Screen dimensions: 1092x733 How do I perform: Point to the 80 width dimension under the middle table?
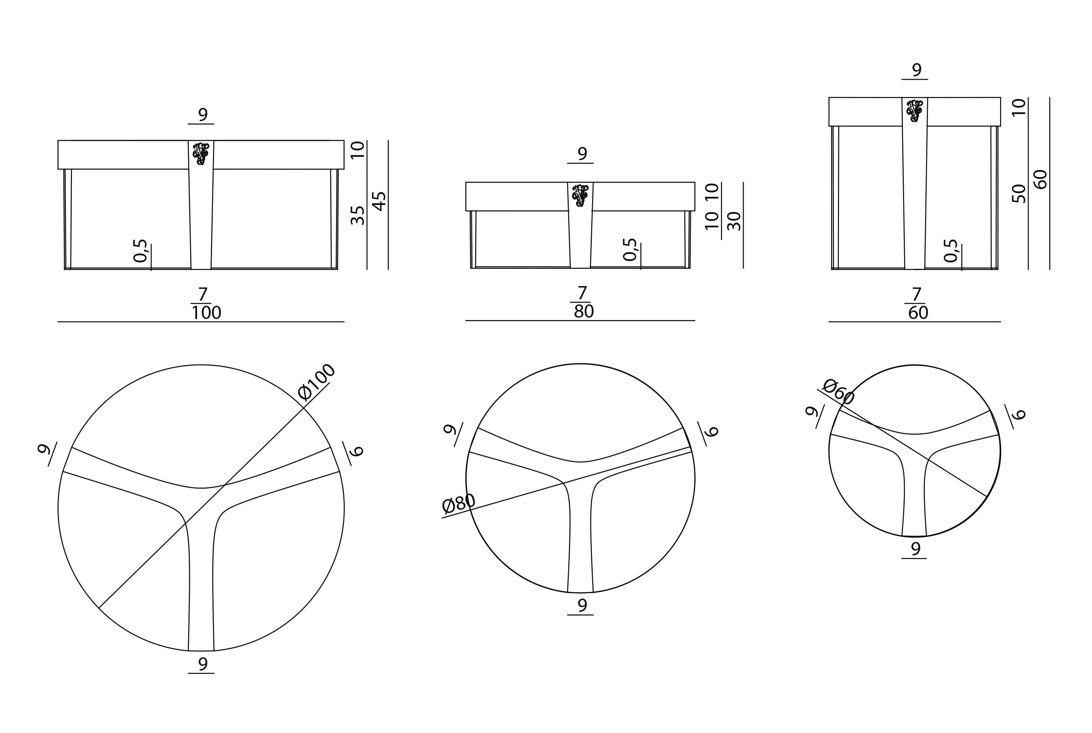tap(584, 311)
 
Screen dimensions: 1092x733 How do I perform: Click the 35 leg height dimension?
tap(357, 215)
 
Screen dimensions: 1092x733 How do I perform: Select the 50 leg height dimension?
tap(1019, 193)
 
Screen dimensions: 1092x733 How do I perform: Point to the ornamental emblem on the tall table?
tap(915, 111)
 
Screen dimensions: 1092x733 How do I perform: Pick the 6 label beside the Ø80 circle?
tap(710, 431)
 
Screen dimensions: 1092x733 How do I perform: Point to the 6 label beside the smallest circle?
tap(1018, 414)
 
